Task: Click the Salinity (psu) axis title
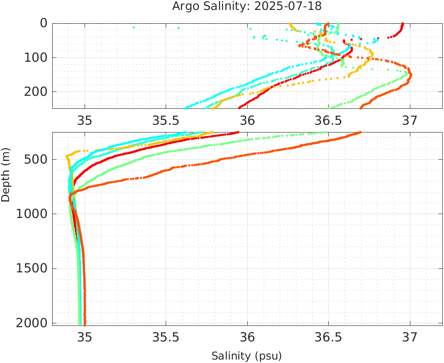pyautogui.click(x=246, y=356)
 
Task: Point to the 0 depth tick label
pyautogui.click(x=44, y=23)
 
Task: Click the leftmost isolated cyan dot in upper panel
pyautogui.click(x=134, y=28)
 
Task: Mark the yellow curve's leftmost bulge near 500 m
pyautogui.click(x=67, y=156)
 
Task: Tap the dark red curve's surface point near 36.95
pyautogui.click(x=403, y=24)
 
